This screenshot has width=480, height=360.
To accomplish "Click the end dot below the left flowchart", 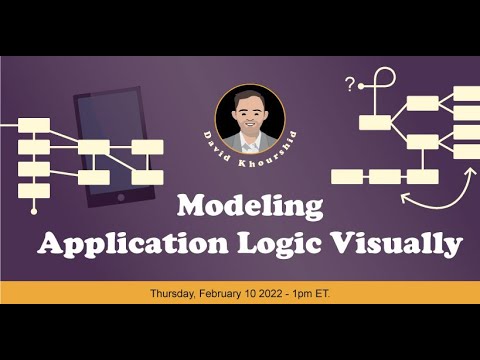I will (x=34, y=211).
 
